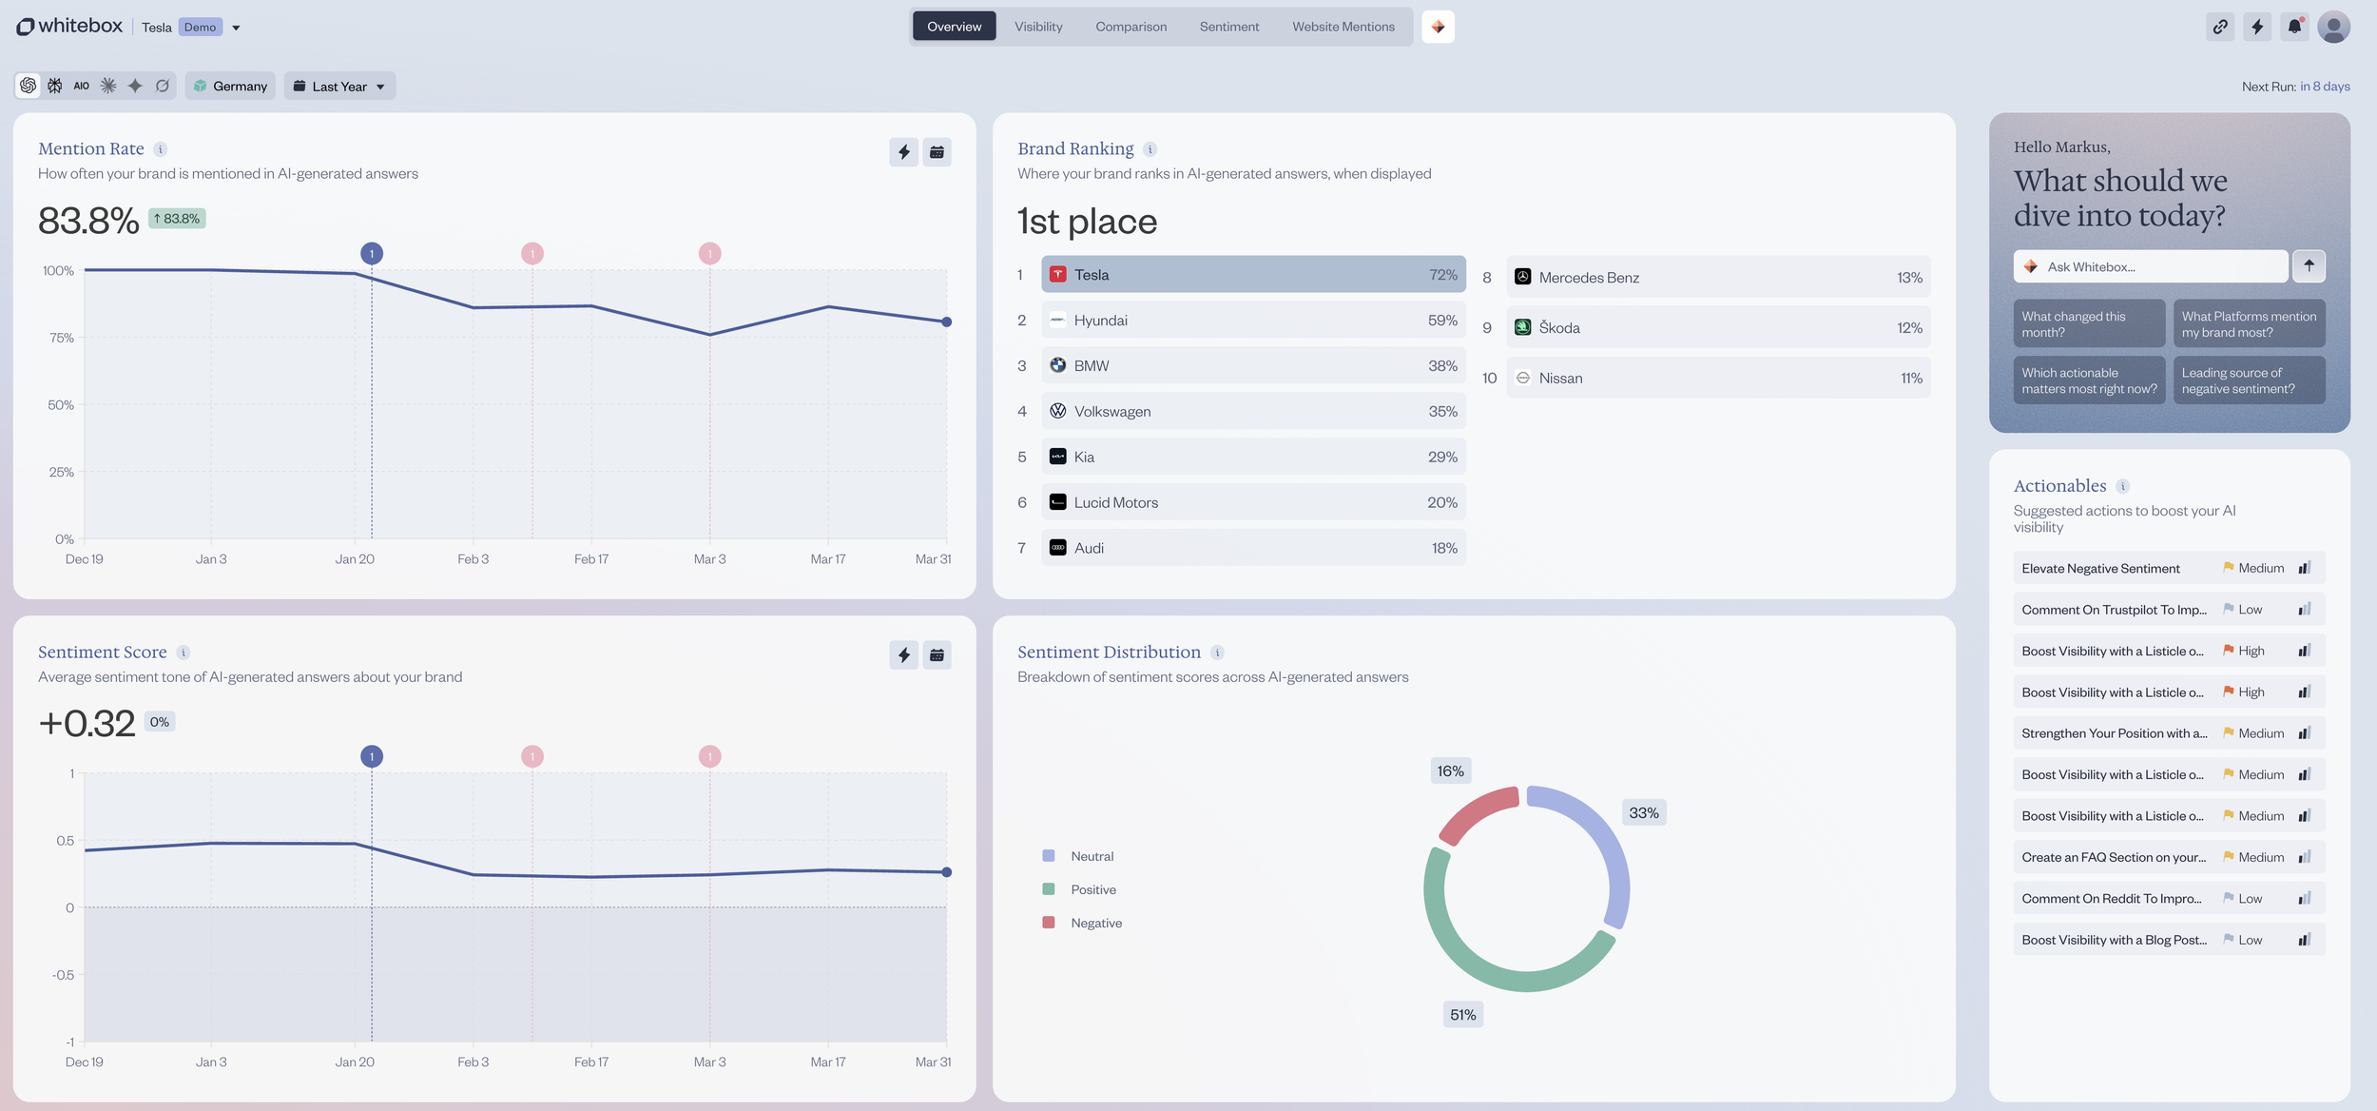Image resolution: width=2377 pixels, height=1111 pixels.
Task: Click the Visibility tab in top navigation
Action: pos(1037,27)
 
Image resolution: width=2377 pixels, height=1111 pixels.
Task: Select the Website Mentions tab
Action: pos(1343,27)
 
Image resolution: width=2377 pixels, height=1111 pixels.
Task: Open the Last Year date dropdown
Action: pos(339,87)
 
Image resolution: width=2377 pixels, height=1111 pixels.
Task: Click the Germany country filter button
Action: pos(230,87)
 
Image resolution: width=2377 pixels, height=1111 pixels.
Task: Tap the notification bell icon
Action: pos(2294,27)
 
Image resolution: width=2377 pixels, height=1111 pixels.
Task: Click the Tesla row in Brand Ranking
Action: pos(1252,275)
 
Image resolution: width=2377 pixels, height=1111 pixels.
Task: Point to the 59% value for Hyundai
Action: pos(1441,321)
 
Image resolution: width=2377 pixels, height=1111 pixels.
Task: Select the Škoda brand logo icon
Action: pos(1522,327)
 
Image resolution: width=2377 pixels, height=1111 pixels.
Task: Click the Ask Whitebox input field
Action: pos(2149,267)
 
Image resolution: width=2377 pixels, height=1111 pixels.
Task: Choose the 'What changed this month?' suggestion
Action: pos(2088,324)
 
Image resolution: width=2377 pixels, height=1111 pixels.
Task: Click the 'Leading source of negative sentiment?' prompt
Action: pos(2249,380)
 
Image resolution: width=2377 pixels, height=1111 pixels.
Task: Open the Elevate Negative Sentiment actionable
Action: pos(2100,569)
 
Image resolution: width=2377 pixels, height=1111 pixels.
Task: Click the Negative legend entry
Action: pos(1095,923)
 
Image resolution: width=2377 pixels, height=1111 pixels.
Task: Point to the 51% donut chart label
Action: pos(1462,1015)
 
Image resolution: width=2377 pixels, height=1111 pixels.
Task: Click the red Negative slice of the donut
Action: pos(1477,813)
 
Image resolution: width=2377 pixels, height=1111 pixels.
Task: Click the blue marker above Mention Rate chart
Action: pos(372,254)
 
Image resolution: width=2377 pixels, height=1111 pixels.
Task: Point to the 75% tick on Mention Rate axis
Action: pos(62,338)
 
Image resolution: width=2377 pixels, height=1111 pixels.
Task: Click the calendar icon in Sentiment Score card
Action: pos(937,654)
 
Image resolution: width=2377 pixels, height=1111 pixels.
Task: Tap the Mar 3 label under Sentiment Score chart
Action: pos(709,1062)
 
